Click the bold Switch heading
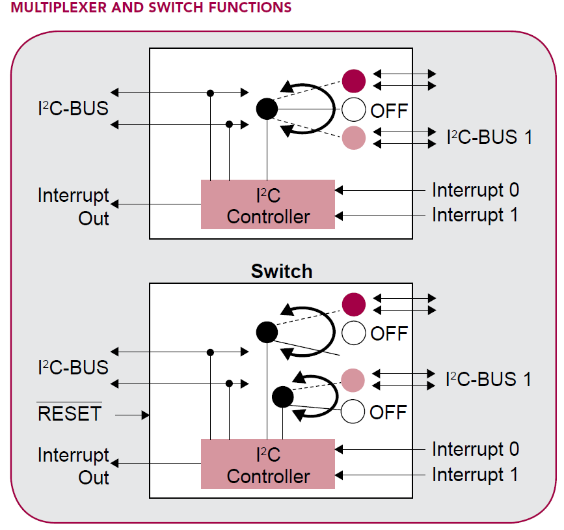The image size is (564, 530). pos(281,272)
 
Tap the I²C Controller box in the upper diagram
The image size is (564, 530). pos(268,204)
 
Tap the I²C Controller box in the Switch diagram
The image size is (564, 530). pos(268,464)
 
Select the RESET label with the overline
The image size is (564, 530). pos(70,413)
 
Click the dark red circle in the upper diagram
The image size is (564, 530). pos(354,81)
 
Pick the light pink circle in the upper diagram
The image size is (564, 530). pos(354,137)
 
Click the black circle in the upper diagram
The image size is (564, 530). pos(267,108)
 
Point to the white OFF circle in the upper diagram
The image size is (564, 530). pos(354,109)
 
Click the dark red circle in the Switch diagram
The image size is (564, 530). pos(354,304)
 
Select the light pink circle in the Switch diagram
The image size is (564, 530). pos(353,379)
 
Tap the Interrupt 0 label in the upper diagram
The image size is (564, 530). pos(476,190)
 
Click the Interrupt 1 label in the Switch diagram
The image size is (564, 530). pos(476,475)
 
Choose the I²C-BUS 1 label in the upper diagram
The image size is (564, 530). pos(489,137)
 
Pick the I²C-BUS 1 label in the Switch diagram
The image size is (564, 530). pos(489,379)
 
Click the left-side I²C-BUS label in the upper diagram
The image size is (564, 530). pos(73,108)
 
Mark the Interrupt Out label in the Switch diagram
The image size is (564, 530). pos(74,466)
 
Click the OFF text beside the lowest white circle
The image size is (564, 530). pos(388,411)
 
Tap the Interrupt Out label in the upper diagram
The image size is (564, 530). pos(74,206)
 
